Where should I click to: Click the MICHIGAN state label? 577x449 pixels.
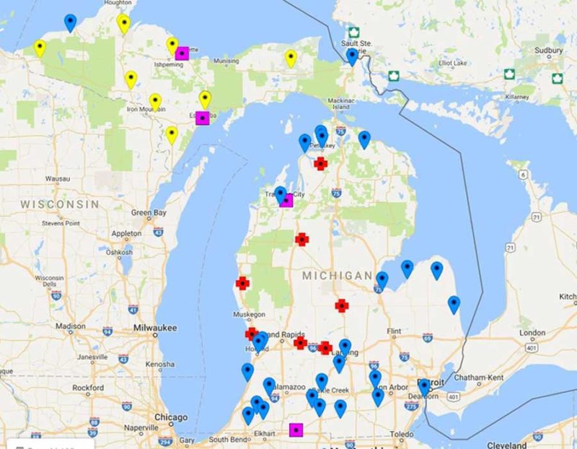[337, 276]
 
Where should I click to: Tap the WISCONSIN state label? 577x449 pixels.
[59, 204]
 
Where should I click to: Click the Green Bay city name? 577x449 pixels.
[149, 213]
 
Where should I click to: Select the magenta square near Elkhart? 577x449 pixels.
[296, 430]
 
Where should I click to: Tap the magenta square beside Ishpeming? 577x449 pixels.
[182, 53]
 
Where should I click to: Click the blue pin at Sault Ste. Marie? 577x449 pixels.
[352, 56]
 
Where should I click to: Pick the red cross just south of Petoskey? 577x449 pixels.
[321, 164]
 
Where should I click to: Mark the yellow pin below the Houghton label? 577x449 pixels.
[124, 23]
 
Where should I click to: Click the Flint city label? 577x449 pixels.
[394, 331]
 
